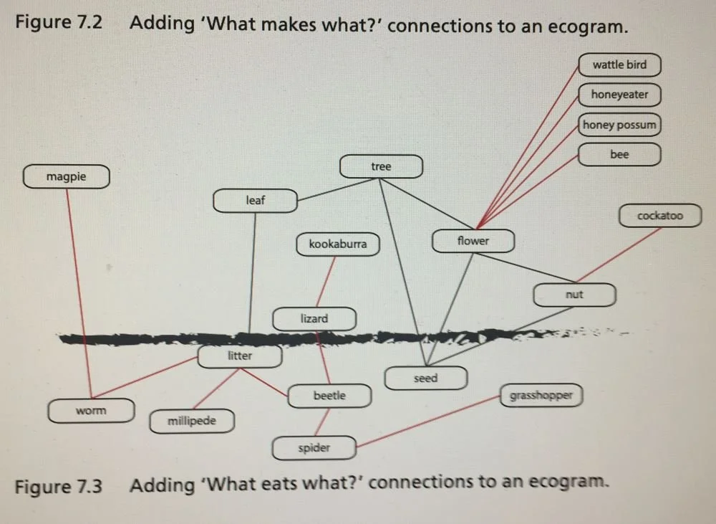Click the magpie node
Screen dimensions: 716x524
point(66,176)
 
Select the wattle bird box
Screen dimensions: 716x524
point(619,65)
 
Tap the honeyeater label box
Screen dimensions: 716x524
point(619,95)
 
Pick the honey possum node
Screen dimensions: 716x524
point(619,125)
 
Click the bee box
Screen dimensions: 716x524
point(619,155)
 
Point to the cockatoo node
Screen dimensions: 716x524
point(659,216)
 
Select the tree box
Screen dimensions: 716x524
point(381,167)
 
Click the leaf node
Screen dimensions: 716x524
point(255,201)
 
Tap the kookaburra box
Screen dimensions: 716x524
point(338,244)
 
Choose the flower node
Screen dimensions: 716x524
point(473,241)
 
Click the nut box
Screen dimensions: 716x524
point(574,295)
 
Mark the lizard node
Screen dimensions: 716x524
point(314,319)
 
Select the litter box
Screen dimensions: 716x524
point(239,356)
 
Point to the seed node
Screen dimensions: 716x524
point(425,378)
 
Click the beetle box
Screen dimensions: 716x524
point(329,396)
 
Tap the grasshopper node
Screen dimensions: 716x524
point(541,396)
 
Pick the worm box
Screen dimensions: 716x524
point(91,411)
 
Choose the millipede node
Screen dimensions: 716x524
point(192,421)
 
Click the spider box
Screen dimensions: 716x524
point(314,448)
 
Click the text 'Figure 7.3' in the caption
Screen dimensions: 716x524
point(59,486)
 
